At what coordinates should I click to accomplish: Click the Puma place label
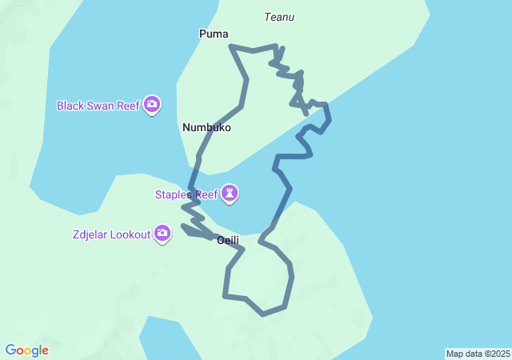coord(214,34)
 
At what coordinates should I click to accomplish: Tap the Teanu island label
coord(279,17)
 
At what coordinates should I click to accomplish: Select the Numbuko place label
coord(206,127)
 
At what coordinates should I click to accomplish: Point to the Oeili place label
coord(228,239)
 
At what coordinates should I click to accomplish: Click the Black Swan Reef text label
coord(98,105)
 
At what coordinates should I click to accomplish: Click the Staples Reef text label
coord(186,194)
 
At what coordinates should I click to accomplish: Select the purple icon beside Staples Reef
coord(230,194)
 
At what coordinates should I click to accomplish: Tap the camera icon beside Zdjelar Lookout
coord(162,234)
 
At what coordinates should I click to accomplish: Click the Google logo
coord(26,350)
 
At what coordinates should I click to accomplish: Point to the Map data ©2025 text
coord(478,354)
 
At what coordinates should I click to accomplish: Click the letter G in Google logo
coord(10,350)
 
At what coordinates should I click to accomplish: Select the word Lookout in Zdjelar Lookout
coord(130,234)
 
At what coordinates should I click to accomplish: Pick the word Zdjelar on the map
coord(87,234)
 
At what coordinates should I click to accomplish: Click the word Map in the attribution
coord(454,354)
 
